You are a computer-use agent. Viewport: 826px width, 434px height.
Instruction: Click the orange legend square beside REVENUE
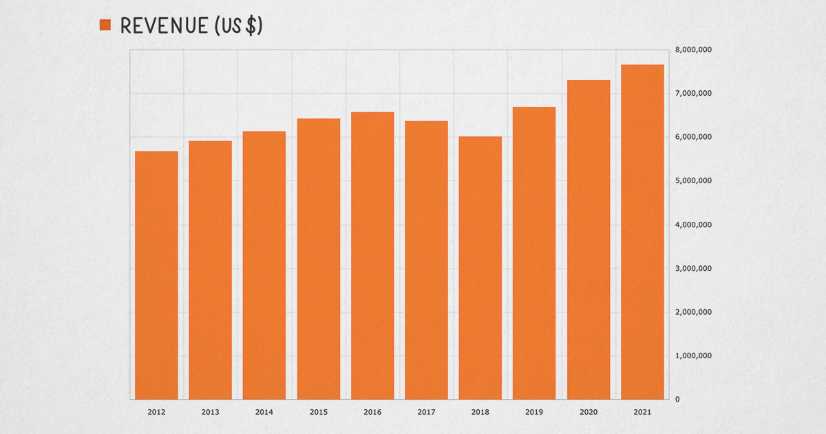click(x=105, y=25)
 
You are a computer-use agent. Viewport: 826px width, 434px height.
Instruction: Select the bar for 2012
click(x=156, y=275)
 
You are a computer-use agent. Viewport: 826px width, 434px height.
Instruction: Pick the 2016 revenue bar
click(x=372, y=256)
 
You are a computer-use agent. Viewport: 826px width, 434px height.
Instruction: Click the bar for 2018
click(x=480, y=268)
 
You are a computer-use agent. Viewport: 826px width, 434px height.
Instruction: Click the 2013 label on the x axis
click(x=211, y=412)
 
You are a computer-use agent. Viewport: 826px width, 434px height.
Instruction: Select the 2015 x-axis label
click(x=319, y=412)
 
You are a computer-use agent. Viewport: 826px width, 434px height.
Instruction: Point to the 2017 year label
click(x=426, y=412)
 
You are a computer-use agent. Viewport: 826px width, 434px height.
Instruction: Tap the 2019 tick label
click(x=534, y=412)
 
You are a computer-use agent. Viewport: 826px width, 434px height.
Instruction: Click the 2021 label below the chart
click(x=642, y=412)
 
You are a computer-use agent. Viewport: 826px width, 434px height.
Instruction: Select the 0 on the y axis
click(x=677, y=400)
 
